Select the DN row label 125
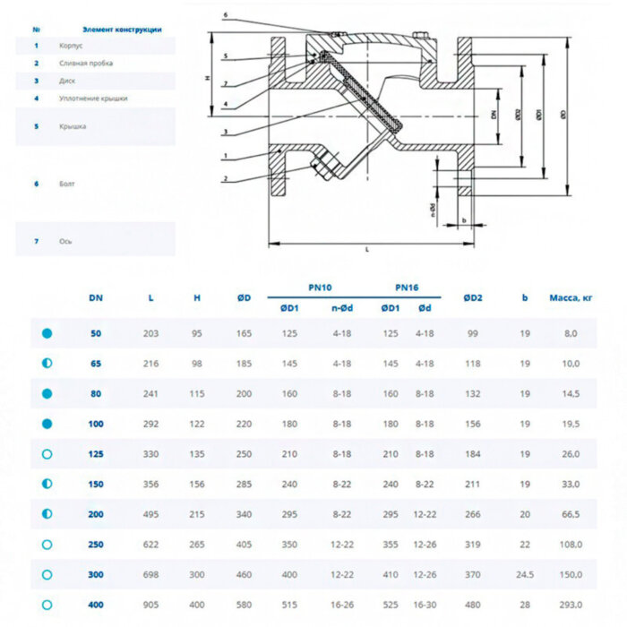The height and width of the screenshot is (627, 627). tap(96, 454)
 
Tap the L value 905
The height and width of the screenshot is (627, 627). tap(150, 605)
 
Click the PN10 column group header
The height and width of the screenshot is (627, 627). tap(320, 288)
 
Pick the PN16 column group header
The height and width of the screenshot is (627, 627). tap(407, 288)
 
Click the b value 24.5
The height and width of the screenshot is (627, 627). tap(525, 574)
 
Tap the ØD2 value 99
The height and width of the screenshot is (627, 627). tap(472, 333)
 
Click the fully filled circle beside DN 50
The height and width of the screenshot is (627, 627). tap(47, 333)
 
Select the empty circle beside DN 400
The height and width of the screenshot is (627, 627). tap(47, 605)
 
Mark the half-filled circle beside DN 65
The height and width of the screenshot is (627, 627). tap(47, 364)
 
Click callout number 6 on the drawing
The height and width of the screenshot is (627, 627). tap(226, 15)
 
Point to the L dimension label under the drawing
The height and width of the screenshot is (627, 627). tap(367, 250)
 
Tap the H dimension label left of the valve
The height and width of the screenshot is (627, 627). tap(207, 79)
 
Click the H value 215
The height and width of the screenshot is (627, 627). tap(197, 514)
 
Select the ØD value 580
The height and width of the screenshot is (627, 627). tap(244, 605)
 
